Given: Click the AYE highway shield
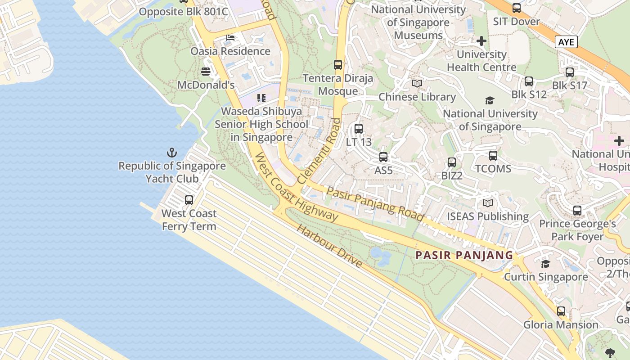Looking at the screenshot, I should pyautogui.click(x=566, y=42).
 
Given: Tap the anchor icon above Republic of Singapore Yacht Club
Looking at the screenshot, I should pyautogui.click(x=172, y=153).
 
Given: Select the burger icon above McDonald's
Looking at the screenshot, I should pyautogui.click(x=206, y=72).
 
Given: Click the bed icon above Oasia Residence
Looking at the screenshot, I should pyautogui.click(x=230, y=38).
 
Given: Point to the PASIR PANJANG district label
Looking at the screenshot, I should pyautogui.click(x=464, y=255).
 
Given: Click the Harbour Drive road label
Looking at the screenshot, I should pyautogui.click(x=329, y=246).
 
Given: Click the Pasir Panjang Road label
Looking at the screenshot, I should pyautogui.click(x=375, y=204).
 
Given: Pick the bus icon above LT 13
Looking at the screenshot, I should pyautogui.click(x=359, y=129).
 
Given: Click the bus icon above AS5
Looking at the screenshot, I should pyautogui.click(x=383, y=157).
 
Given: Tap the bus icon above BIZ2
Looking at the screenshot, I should pyautogui.click(x=452, y=162).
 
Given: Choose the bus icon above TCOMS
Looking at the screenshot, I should pyautogui.click(x=493, y=156).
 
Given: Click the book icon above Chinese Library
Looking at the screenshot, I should pyautogui.click(x=417, y=84).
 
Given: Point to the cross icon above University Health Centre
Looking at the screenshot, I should pyautogui.click(x=481, y=41).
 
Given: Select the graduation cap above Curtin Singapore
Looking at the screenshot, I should pyautogui.click(x=545, y=264).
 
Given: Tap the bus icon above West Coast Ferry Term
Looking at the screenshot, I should pyautogui.click(x=189, y=200).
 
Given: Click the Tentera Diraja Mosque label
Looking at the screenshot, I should pyautogui.click(x=338, y=85).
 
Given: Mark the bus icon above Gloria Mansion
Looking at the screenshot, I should pyautogui.click(x=561, y=311).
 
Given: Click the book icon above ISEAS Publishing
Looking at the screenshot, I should pyautogui.click(x=488, y=203).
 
